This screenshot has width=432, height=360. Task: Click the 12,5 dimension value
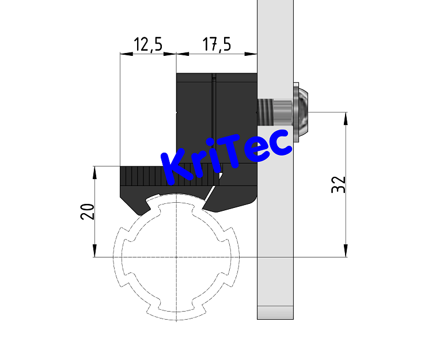[147, 45]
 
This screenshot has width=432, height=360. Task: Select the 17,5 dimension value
[217, 45]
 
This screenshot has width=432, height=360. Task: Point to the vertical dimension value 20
[88, 211]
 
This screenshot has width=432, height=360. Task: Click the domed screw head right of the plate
[302, 112]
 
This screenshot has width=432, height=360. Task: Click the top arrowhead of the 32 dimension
[346, 118]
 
